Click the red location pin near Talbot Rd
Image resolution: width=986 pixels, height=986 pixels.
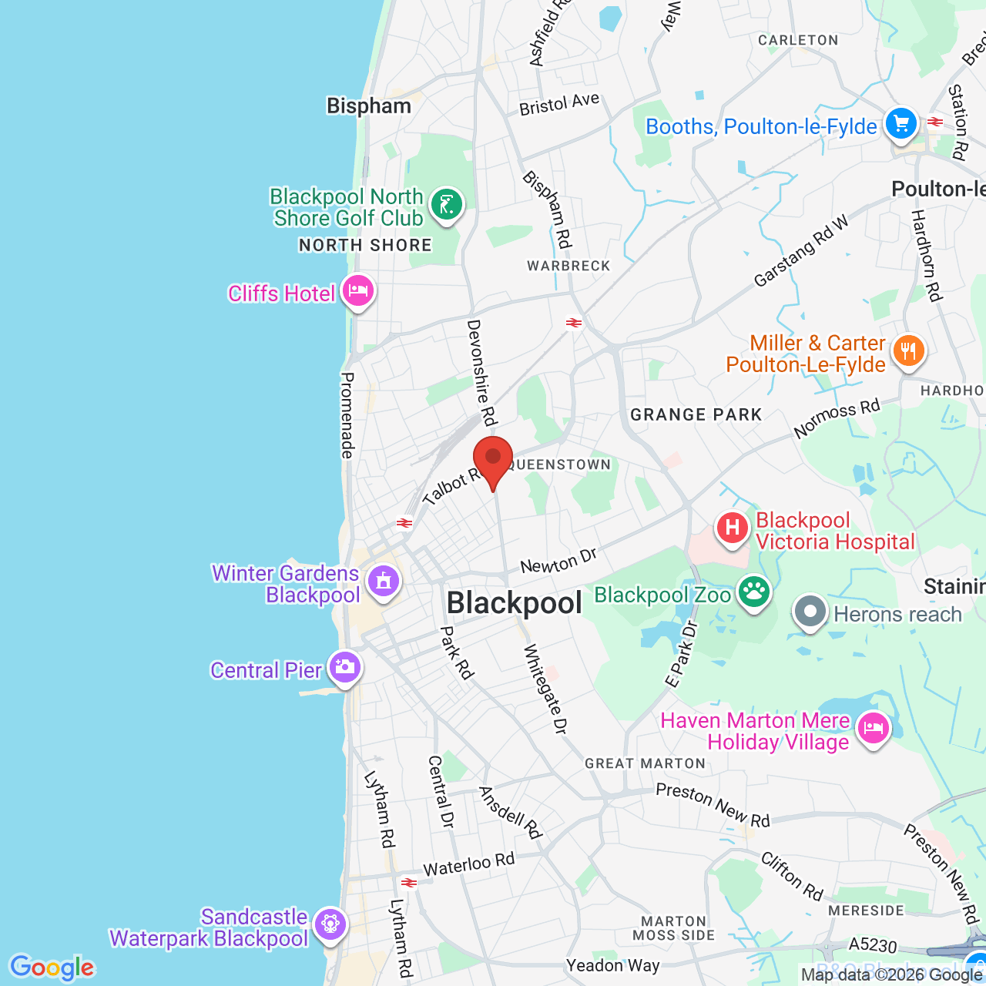click(493, 459)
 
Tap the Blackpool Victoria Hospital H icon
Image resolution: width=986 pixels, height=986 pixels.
click(732, 528)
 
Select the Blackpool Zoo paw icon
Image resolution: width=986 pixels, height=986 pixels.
click(754, 592)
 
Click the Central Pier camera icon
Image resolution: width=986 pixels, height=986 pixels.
click(344, 666)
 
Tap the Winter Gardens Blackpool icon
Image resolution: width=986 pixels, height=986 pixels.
click(384, 581)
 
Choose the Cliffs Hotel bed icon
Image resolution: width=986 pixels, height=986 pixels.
click(358, 291)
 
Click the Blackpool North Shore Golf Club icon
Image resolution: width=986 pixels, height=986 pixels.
click(446, 205)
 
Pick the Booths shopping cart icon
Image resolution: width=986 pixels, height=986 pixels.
click(900, 123)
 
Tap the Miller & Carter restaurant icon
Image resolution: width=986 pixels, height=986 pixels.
click(908, 352)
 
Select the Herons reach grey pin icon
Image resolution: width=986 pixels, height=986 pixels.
click(810, 612)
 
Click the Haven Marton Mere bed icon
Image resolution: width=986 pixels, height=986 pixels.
click(873, 728)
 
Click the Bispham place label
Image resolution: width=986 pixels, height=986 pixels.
click(369, 106)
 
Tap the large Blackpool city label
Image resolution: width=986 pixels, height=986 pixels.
click(515, 603)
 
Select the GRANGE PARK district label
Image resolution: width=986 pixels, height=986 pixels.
click(696, 415)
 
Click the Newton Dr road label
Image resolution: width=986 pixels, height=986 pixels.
click(558, 562)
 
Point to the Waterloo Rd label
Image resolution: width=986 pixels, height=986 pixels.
click(468, 864)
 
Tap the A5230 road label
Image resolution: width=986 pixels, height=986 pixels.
click(873, 945)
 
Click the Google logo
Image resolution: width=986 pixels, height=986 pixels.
click(52, 968)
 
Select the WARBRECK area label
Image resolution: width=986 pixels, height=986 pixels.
click(568, 267)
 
